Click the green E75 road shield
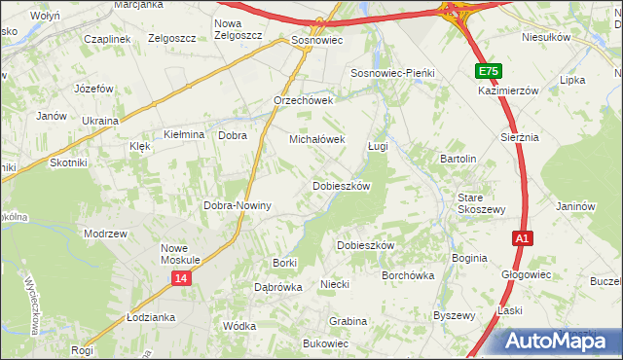(x=490, y=72)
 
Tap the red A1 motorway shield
(x=523, y=237)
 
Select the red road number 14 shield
(x=181, y=278)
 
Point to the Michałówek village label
(x=317, y=139)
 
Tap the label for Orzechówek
(x=304, y=100)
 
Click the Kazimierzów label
(x=508, y=90)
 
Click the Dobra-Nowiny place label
(x=237, y=206)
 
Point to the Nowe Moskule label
(x=180, y=254)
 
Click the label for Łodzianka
(x=150, y=317)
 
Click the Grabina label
(x=348, y=321)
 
